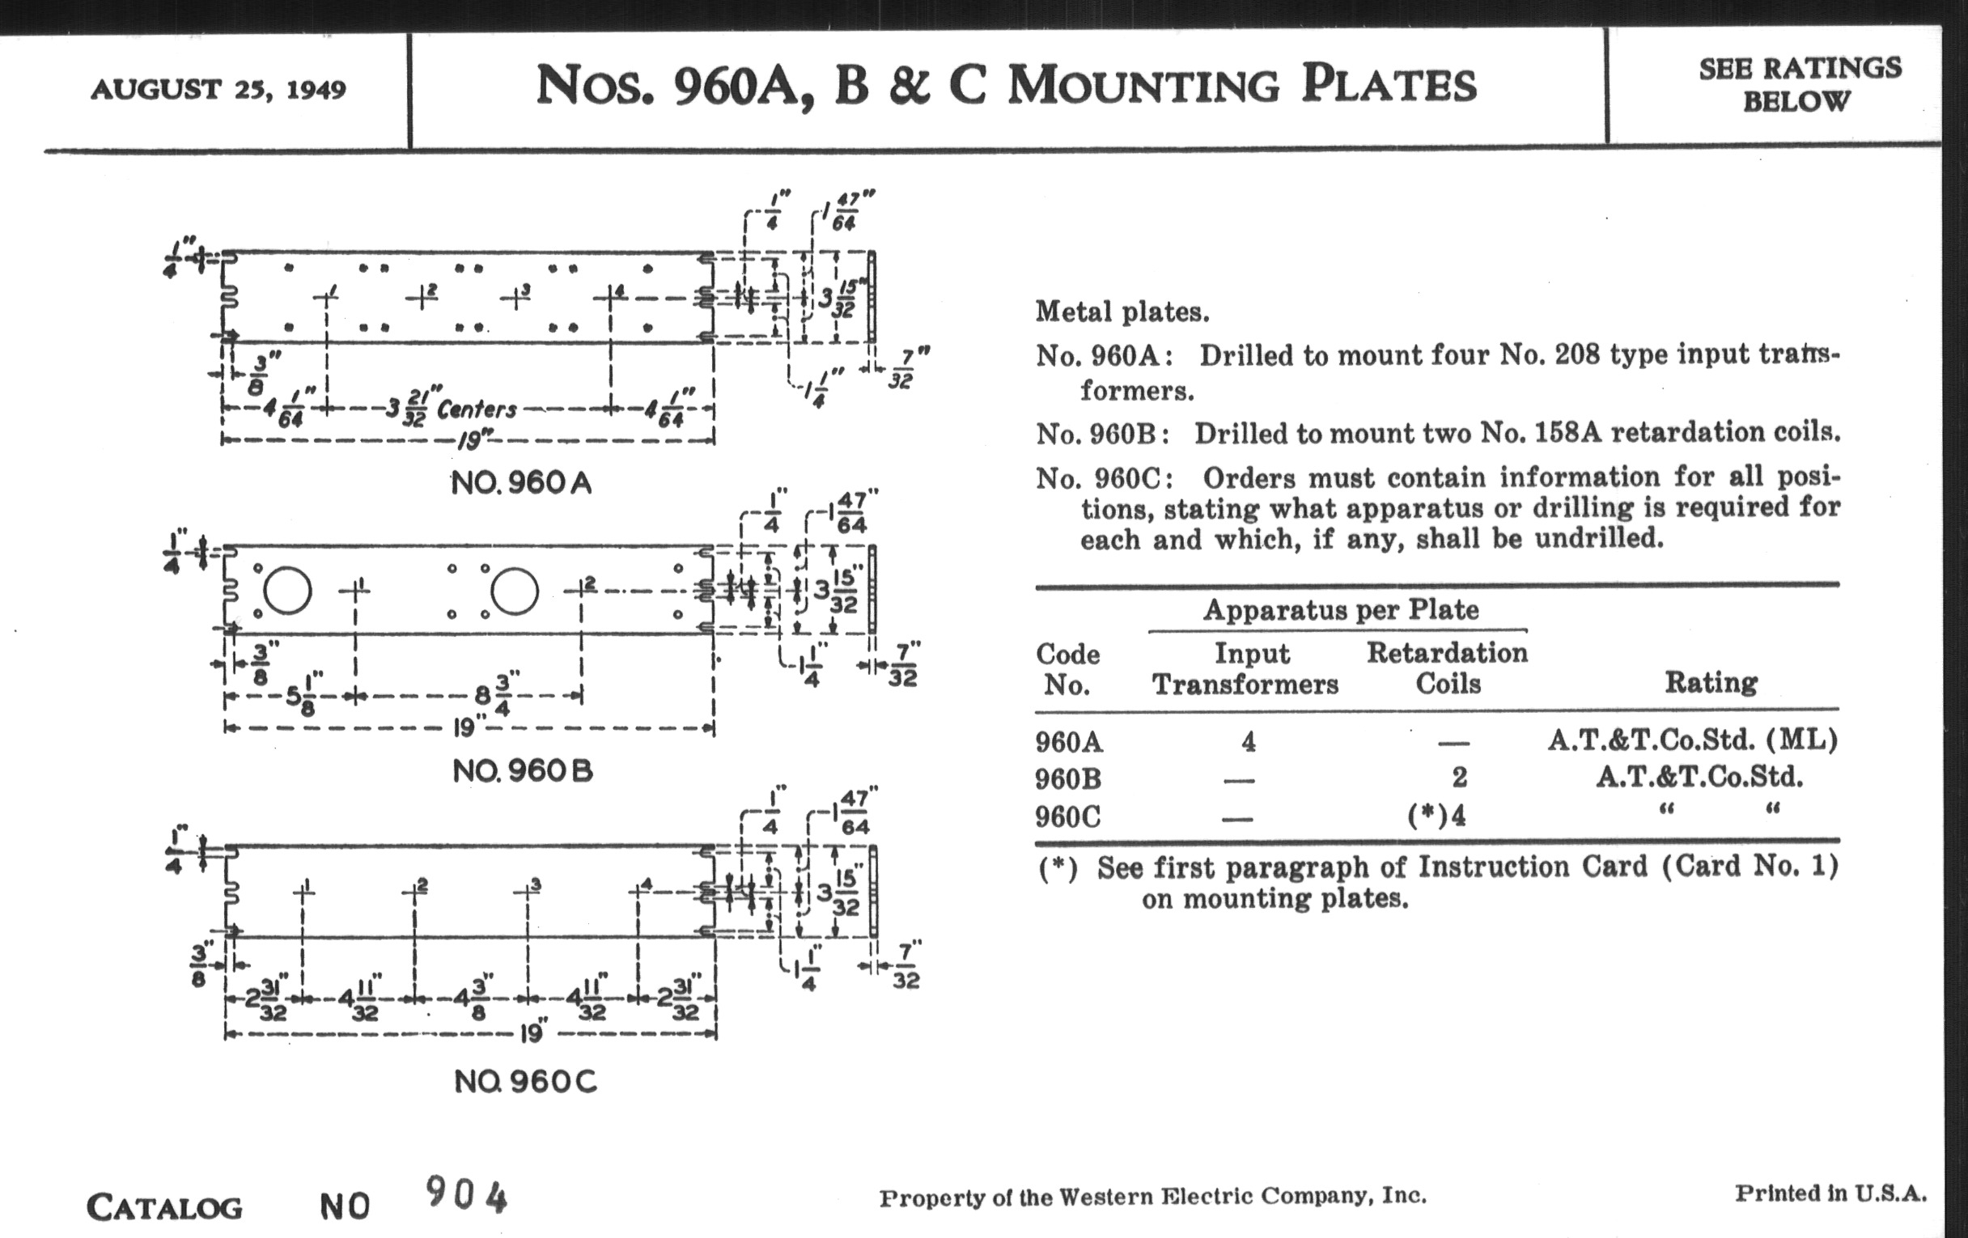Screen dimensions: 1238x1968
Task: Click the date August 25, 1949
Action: pyautogui.click(x=218, y=88)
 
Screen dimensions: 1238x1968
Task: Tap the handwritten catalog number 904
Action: pyautogui.click(x=466, y=1195)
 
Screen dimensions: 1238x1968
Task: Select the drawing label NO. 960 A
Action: pyautogui.click(x=521, y=483)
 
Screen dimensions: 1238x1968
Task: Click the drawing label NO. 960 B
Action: pyautogui.click(x=523, y=770)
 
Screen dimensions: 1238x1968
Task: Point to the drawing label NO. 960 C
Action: pyautogui.click(x=525, y=1082)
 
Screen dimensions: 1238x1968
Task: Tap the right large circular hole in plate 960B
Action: pyautogui.click(x=515, y=591)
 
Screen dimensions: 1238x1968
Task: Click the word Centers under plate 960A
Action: pyautogui.click(x=477, y=409)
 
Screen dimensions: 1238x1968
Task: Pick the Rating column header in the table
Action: pyautogui.click(x=1711, y=681)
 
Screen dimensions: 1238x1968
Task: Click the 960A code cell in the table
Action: pyautogui.click(x=1069, y=742)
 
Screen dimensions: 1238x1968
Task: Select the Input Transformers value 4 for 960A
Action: pyautogui.click(x=1248, y=742)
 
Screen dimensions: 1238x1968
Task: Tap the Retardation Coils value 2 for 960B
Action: pyautogui.click(x=1459, y=777)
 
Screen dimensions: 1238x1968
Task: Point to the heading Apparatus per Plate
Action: pyautogui.click(x=1340, y=609)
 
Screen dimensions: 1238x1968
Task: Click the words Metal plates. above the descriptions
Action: pyautogui.click(x=1122, y=312)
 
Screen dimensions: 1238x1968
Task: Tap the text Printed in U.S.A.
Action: pyautogui.click(x=1830, y=1193)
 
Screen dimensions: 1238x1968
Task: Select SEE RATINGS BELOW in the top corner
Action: pyautogui.click(x=1800, y=84)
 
